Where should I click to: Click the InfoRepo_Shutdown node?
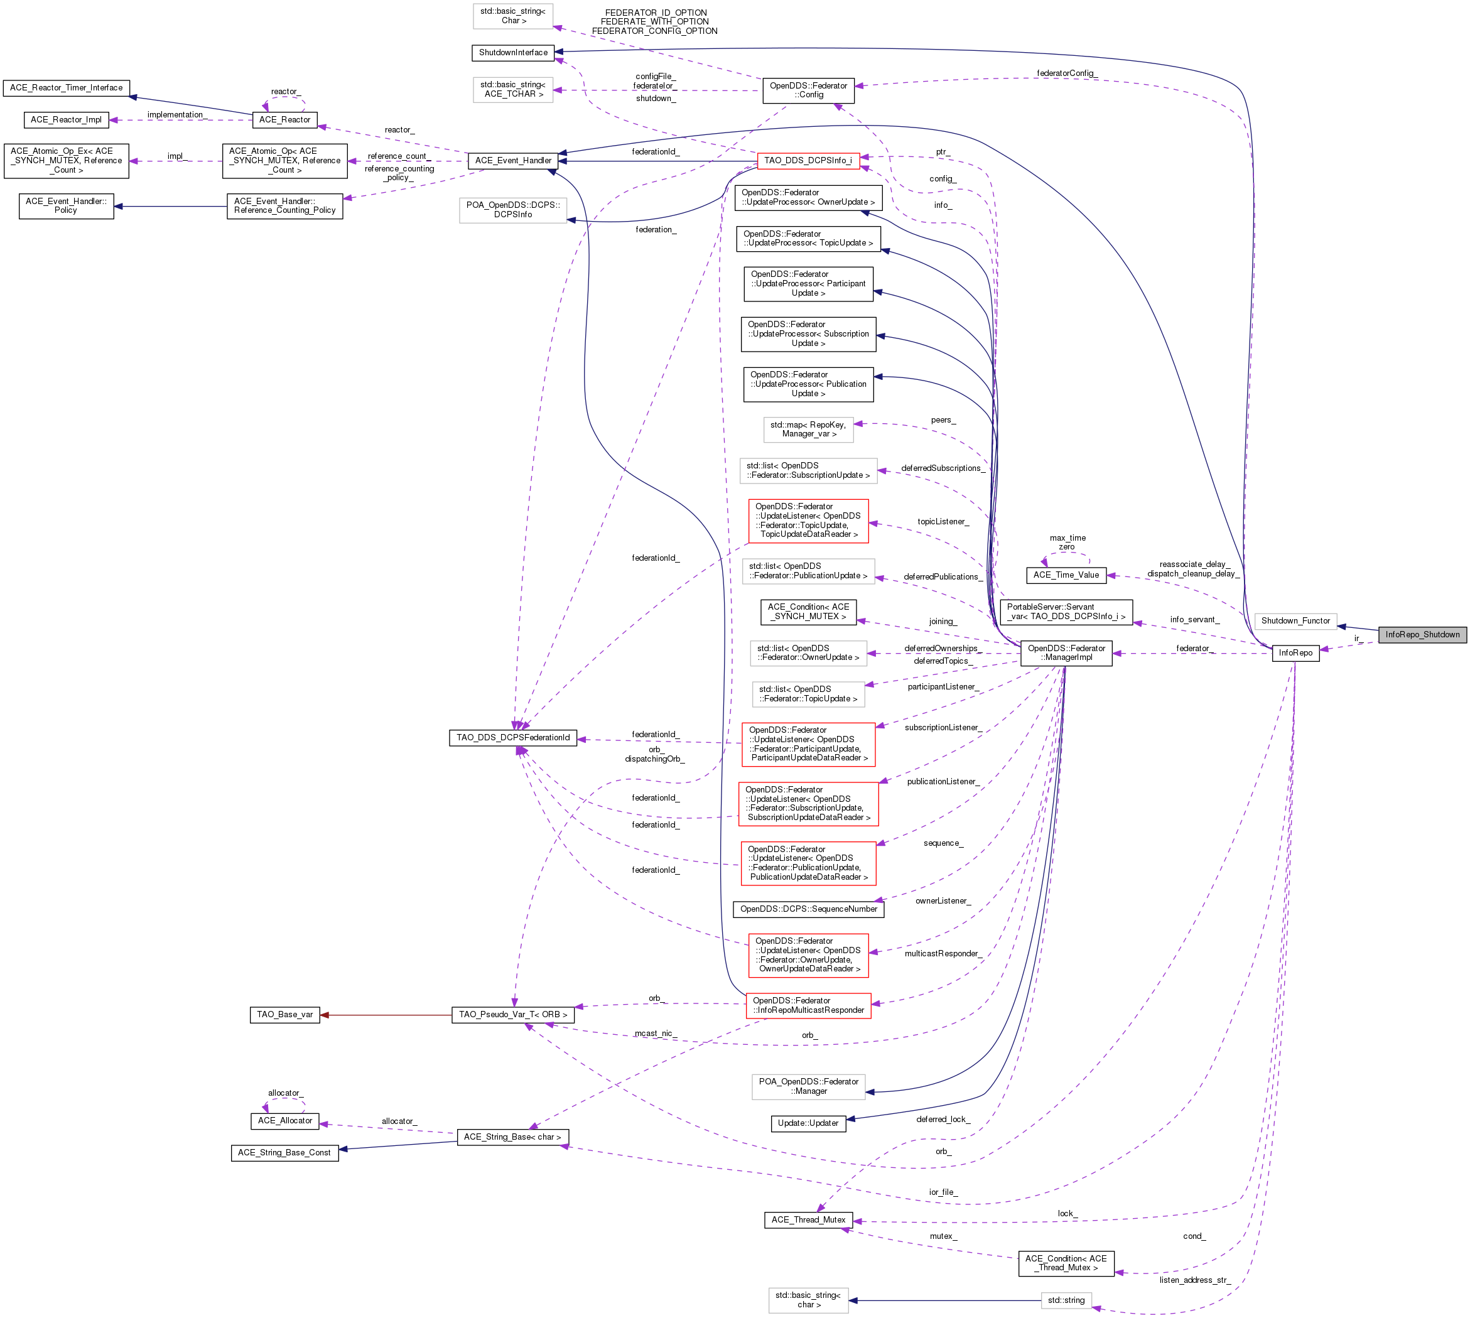(x=1422, y=634)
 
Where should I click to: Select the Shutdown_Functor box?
(x=1295, y=620)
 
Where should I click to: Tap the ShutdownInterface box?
(x=512, y=53)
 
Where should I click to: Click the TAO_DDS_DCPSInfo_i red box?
(x=808, y=161)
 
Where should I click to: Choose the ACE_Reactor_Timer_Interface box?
(x=66, y=88)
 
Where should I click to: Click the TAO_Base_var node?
(x=284, y=1015)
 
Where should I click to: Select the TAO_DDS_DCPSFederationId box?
(x=512, y=738)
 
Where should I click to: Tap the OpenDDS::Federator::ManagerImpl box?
(x=1066, y=653)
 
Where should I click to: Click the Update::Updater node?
(x=808, y=1123)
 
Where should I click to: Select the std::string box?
(x=1066, y=1300)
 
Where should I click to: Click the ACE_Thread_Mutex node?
(x=808, y=1220)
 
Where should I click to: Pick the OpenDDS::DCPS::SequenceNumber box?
(x=808, y=910)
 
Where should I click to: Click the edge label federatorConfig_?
(x=1066, y=73)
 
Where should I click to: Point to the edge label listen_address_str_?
(x=1194, y=1280)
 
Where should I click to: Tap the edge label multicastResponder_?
(x=943, y=954)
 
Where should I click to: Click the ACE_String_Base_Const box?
(x=284, y=1153)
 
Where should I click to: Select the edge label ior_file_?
(x=943, y=1192)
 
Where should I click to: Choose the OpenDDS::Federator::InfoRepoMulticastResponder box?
(x=808, y=1006)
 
